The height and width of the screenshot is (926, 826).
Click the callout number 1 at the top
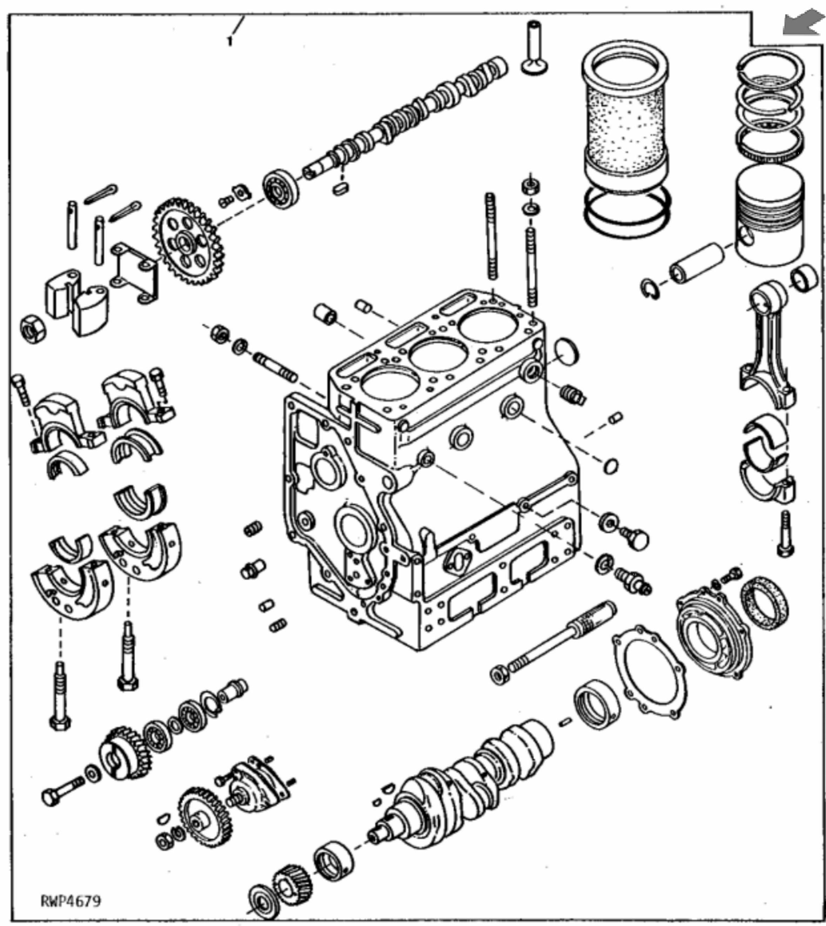(x=230, y=42)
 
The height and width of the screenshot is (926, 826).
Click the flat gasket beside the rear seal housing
(x=649, y=672)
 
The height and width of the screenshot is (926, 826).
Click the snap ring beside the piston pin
(x=650, y=289)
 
